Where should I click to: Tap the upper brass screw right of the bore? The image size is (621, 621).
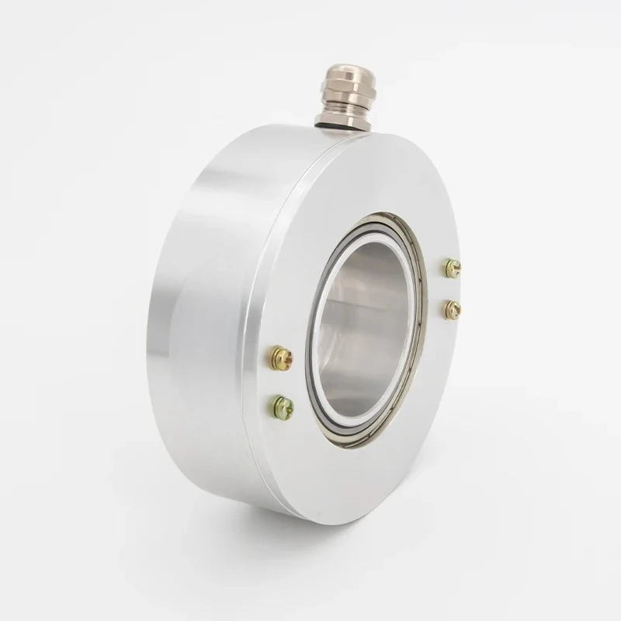point(453,268)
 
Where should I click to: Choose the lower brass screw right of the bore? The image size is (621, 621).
point(453,310)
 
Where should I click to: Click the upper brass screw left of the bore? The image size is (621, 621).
point(279,358)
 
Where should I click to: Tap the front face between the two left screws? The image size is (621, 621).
point(281,381)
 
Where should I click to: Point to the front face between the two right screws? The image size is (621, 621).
point(453,289)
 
